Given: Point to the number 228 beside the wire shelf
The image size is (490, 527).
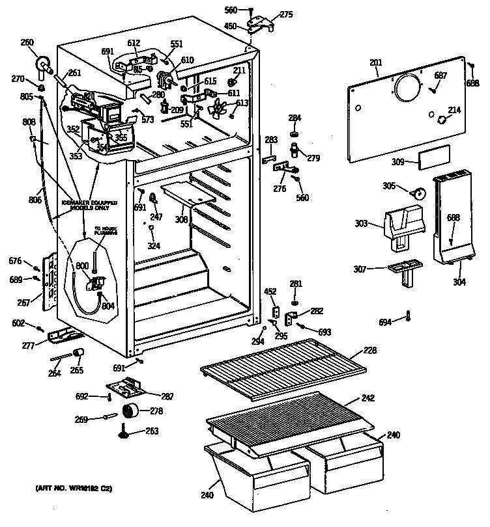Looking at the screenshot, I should [x=369, y=351].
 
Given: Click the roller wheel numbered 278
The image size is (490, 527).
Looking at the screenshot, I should [x=132, y=411].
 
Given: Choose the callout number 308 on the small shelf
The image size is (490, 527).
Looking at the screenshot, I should [x=180, y=220].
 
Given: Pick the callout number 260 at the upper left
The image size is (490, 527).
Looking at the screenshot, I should [x=27, y=44].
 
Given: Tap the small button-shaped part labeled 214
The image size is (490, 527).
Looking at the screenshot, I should [x=442, y=120].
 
